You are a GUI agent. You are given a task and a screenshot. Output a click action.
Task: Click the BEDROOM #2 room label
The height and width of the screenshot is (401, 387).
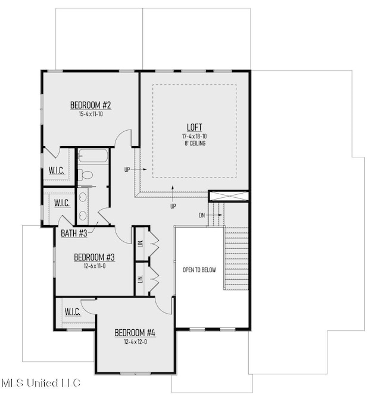tap(90, 106)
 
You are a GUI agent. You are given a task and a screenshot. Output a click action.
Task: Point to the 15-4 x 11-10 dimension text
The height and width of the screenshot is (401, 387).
tap(90, 114)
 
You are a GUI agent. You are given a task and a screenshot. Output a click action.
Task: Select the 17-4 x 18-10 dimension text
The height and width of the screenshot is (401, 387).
tap(195, 136)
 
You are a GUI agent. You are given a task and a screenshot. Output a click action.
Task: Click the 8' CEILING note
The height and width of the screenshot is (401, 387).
tap(195, 143)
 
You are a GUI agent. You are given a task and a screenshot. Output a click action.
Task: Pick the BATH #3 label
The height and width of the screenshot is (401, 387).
tap(74, 233)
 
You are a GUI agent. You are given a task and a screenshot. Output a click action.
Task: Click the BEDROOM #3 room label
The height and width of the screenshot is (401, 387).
tap(94, 257)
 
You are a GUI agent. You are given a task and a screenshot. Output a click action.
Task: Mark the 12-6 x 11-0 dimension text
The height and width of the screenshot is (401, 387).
tap(94, 266)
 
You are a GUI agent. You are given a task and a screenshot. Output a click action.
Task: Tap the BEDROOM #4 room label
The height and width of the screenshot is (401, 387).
tap(135, 331)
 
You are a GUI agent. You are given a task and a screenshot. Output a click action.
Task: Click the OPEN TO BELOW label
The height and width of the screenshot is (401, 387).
tap(199, 270)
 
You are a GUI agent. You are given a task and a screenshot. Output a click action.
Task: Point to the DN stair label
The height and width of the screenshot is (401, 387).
tap(202, 215)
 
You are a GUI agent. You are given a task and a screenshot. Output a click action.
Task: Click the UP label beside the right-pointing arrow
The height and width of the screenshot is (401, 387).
tap(127, 169)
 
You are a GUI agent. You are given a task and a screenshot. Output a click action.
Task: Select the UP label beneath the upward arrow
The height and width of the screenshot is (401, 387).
tap(173, 206)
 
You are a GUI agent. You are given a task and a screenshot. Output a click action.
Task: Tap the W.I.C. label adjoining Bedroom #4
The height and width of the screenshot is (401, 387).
tap(72, 312)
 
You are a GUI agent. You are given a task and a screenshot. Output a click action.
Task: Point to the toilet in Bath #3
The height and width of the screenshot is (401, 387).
tap(87, 175)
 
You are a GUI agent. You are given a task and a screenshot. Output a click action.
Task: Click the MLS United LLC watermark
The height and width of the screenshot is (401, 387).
tap(40, 383)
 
